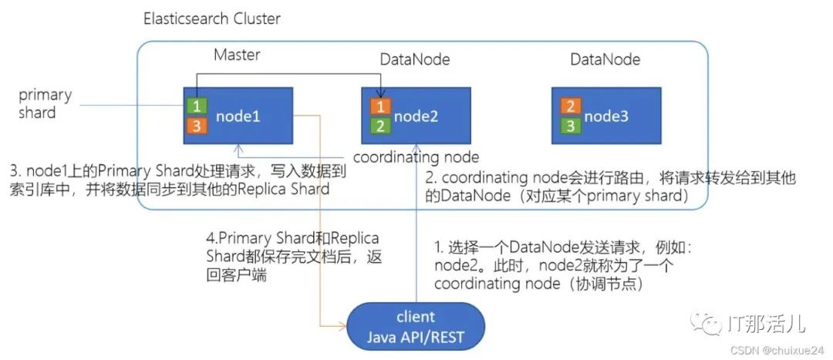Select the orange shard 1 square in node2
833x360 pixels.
tap(380, 106)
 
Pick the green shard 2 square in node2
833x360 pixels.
tap(380, 126)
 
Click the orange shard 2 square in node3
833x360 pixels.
tap(570, 106)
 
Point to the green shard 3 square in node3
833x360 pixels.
tap(570, 126)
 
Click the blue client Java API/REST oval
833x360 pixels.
tap(416, 326)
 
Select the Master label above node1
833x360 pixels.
tap(237, 55)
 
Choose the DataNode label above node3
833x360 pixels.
tap(605, 59)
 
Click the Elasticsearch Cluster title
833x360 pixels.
tap(212, 19)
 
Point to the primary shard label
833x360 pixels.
tap(46, 103)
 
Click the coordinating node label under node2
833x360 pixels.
tap(416, 157)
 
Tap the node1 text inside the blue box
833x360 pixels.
tap(238, 116)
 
